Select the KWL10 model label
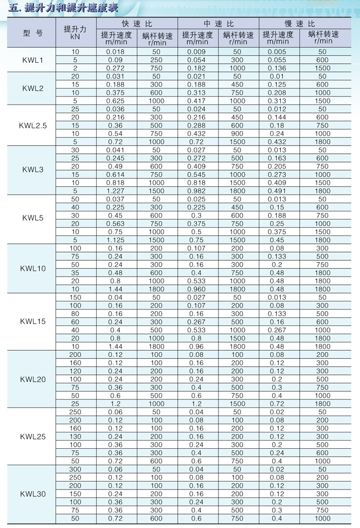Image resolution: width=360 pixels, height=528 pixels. [x=33, y=268]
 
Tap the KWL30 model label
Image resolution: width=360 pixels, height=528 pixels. [x=33, y=494]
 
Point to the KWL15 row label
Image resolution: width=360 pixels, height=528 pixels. [x=33, y=321]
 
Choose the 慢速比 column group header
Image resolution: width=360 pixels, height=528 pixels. [x=300, y=24]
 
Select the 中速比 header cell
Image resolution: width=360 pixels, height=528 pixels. [x=219, y=24]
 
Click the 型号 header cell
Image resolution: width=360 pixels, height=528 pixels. [x=33, y=32]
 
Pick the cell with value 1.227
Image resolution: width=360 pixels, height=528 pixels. [x=116, y=191]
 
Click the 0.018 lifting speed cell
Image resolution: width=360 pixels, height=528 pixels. [x=116, y=51]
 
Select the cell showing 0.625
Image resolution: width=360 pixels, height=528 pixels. [x=116, y=101]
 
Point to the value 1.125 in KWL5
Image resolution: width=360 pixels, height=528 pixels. [x=116, y=240]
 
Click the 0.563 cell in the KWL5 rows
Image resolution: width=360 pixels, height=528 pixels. [x=116, y=224]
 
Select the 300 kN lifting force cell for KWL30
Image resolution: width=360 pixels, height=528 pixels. [x=76, y=469]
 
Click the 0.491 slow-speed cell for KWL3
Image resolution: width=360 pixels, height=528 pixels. [x=278, y=191]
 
